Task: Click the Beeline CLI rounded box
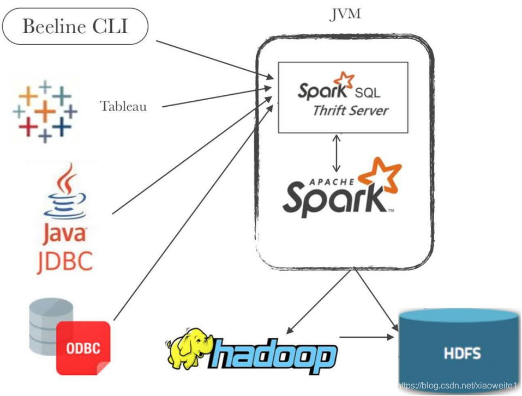pos(75,26)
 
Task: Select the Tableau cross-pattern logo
pos(45,111)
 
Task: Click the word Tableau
pos(123,106)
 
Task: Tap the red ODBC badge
pos(83,348)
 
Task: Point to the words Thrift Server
pos(350,111)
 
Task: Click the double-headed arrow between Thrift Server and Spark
pos(337,152)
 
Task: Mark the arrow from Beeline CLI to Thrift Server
pos(213,60)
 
